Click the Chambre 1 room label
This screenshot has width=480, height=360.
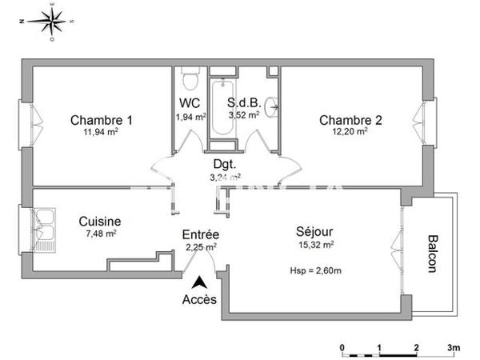102,120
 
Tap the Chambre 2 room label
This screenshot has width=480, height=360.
350,120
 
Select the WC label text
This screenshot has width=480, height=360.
190,103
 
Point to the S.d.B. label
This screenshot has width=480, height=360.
243,103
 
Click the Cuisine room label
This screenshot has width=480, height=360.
100,222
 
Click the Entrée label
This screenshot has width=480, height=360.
201,235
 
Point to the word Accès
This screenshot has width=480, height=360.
199,300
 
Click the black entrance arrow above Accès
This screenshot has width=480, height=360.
198,282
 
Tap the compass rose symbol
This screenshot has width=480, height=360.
53,21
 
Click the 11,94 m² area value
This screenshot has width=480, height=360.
102,133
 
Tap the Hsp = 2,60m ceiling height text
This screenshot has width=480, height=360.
315,272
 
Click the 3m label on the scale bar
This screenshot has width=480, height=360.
453,347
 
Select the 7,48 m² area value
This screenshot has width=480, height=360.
100,234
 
